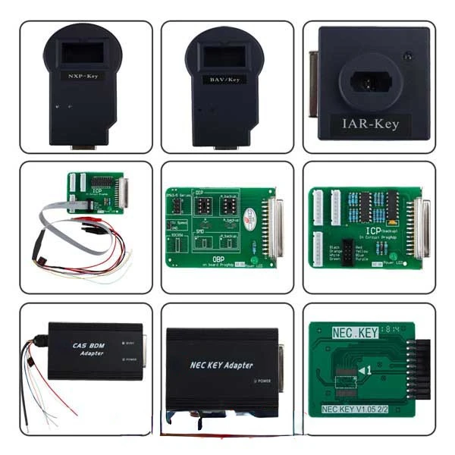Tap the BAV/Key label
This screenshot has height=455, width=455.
point(224,77)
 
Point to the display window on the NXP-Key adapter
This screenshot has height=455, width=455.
point(83,51)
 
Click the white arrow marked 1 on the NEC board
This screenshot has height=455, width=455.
point(366,370)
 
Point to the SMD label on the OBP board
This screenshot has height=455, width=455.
point(200,231)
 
